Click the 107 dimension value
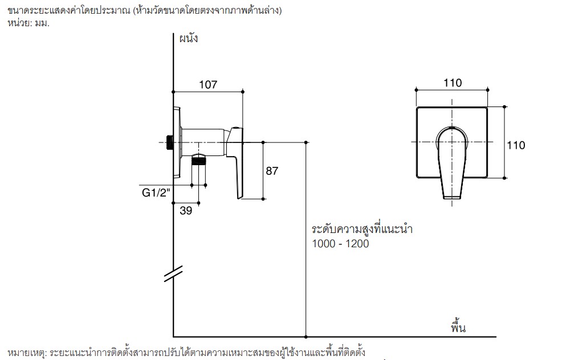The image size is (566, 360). [x=208, y=84]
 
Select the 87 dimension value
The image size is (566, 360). [x=272, y=171]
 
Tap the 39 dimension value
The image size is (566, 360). [x=186, y=211]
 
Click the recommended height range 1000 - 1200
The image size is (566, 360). [x=340, y=244]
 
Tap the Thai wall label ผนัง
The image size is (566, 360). [x=189, y=38]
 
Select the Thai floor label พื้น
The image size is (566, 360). [x=458, y=326]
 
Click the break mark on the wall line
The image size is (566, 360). [x=173, y=274]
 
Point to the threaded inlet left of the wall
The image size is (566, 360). [x=169, y=142]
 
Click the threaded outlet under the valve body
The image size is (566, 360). [x=198, y=159]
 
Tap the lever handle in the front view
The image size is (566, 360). [x=452, y=163]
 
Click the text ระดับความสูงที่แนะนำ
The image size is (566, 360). [x=362, y=229]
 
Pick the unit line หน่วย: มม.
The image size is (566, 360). [x=28, y=23]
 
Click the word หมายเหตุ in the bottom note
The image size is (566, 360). [x=27, y=352]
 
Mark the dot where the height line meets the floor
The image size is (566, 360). [x=306, y=337]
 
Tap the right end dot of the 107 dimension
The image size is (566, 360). [x=243, y=92]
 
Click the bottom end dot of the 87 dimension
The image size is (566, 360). [x=263, y=199]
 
